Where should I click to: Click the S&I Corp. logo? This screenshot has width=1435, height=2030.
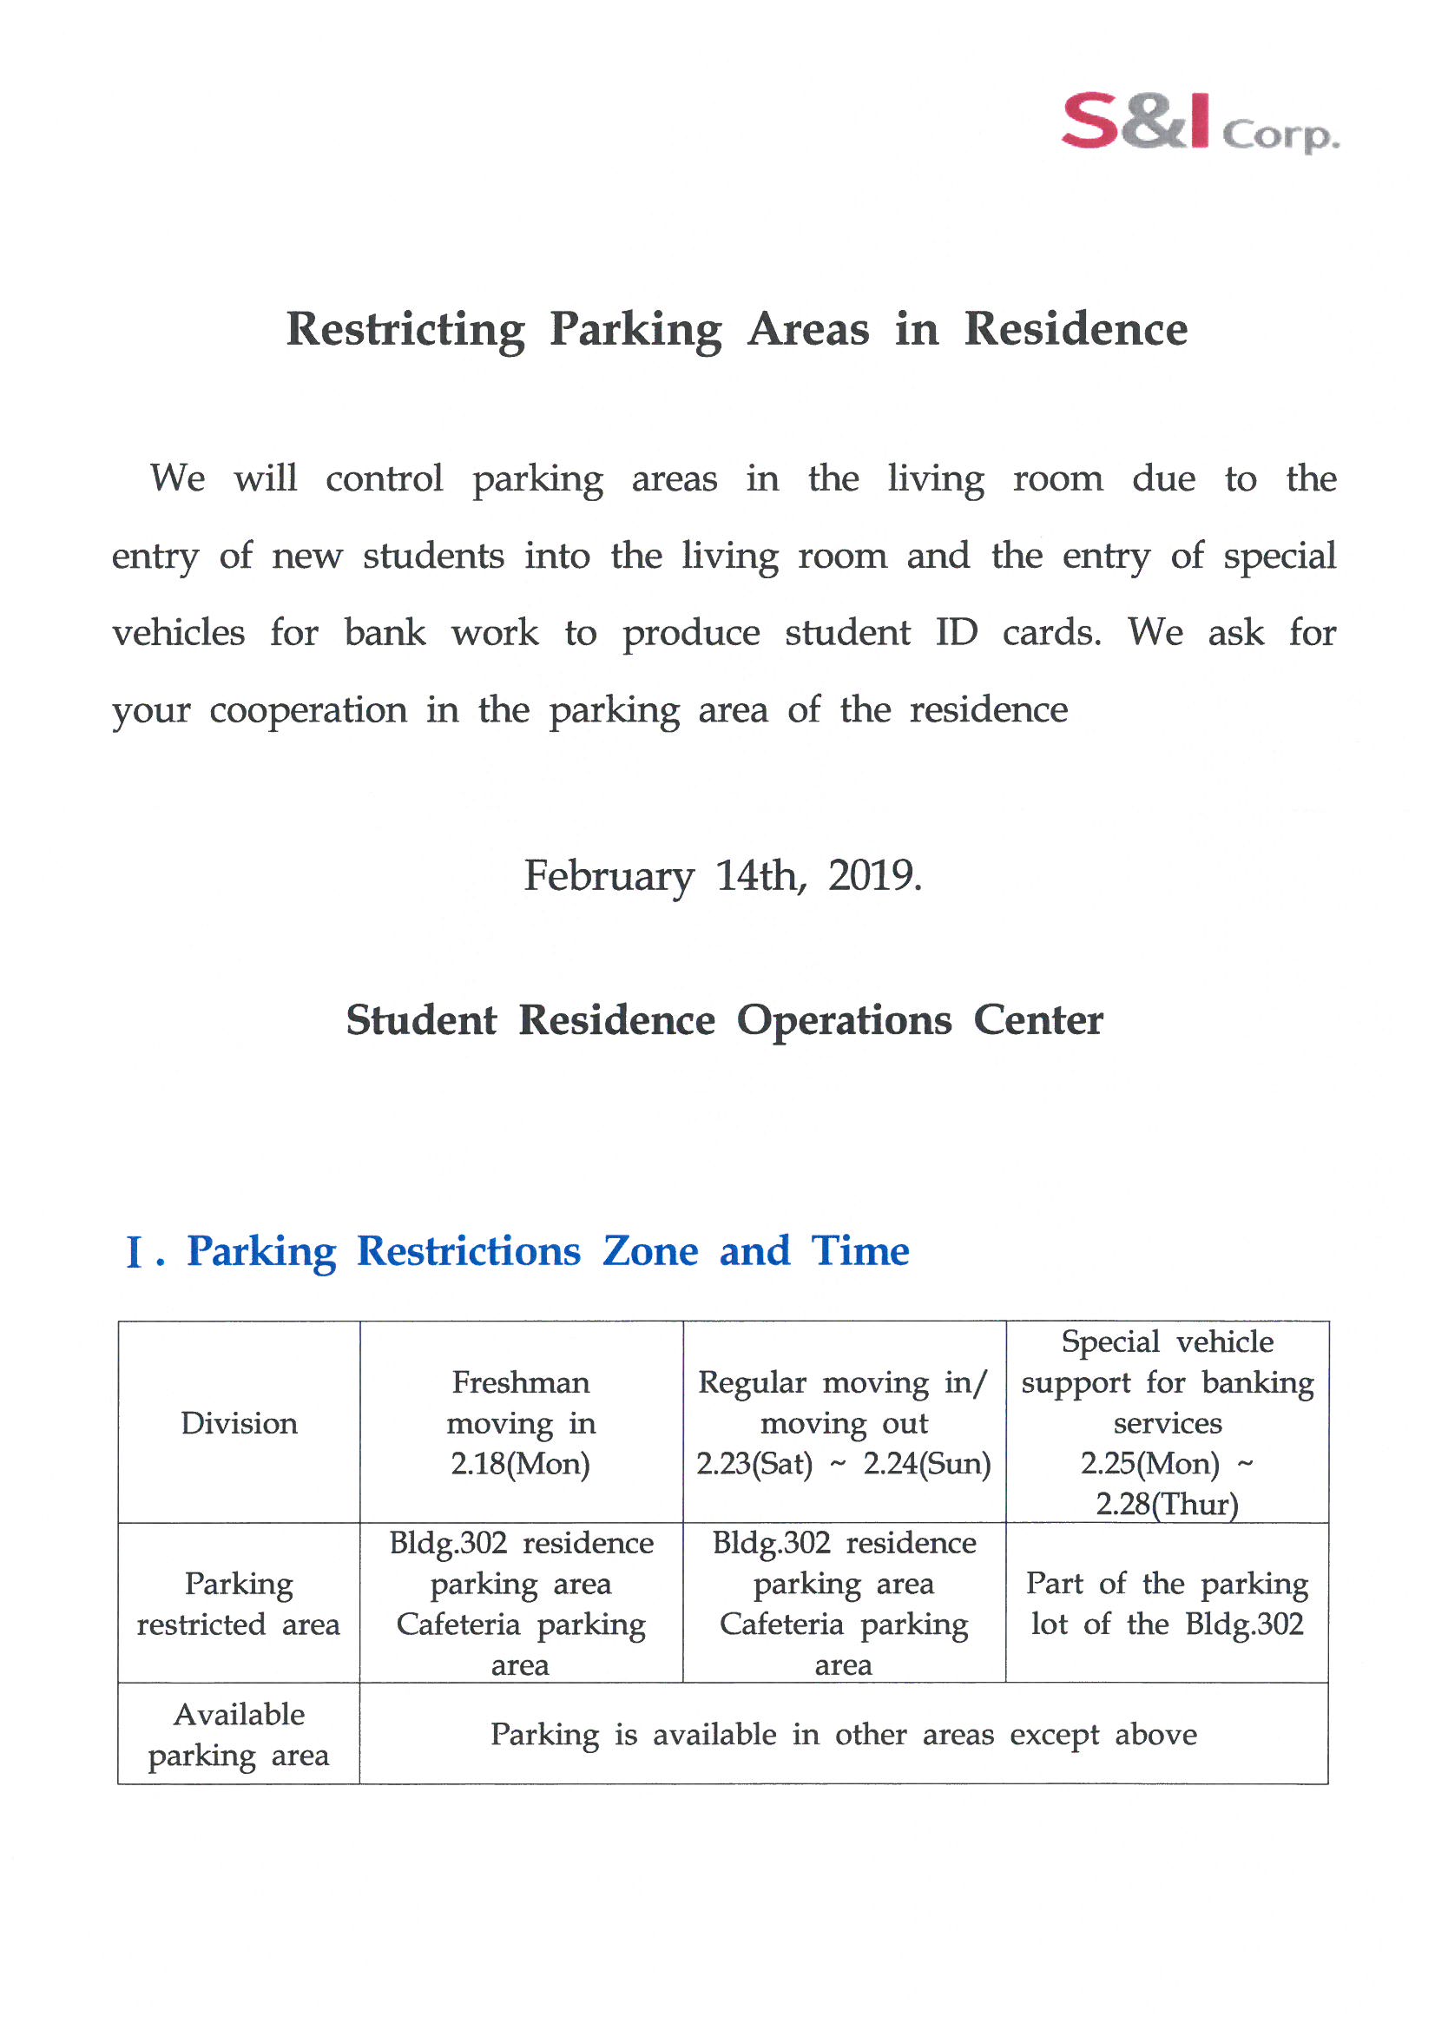1199,124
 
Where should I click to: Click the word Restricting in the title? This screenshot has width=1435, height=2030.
405,331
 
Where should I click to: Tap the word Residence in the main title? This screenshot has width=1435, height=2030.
1075,329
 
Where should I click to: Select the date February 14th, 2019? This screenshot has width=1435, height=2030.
722,876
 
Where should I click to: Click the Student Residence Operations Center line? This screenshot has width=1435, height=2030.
724,1020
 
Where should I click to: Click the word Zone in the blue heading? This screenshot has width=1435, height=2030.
650,1252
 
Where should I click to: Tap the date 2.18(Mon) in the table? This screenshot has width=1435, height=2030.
520,1464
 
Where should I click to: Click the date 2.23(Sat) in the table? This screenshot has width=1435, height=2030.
754,1464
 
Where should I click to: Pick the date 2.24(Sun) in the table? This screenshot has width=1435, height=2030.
926,1464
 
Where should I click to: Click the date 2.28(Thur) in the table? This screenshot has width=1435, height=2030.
1166,1505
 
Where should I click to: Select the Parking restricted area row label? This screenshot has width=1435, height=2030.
239,1604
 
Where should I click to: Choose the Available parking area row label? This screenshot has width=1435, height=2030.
239,1735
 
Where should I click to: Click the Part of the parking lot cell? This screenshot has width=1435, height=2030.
1166,1604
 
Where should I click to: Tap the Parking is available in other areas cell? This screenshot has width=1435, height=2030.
843,1735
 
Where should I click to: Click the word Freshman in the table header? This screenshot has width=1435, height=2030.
520,1383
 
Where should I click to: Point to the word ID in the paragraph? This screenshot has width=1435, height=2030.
956,633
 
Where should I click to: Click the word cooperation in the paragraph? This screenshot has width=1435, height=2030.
307,710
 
